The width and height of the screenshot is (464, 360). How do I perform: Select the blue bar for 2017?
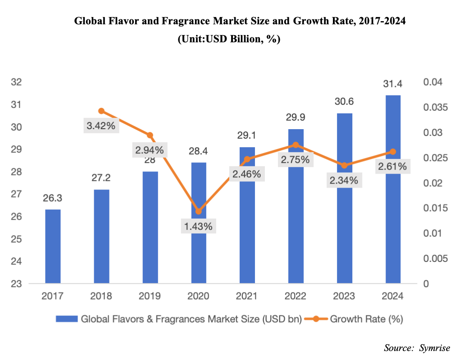pos(53,247)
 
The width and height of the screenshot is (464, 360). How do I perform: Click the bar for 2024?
pos(393,189)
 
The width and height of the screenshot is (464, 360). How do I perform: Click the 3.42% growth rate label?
pos(101,126)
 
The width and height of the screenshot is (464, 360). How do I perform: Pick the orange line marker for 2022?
pos(296,145)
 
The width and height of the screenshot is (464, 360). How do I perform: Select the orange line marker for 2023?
pos(345,165)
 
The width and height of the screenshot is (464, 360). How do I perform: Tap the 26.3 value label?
pos(53,198)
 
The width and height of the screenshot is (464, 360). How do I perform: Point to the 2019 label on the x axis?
pos(150,297)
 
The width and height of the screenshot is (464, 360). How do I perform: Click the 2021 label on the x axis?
pos(247,297)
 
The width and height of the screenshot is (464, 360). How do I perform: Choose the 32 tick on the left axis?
pos(17,82)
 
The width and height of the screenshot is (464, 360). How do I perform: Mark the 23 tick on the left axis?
pos(17,284)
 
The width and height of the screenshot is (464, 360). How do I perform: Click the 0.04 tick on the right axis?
pos(432,82)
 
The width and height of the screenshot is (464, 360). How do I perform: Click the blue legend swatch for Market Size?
pos(67,319)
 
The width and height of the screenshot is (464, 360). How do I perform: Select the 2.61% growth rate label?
pos(393,167)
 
